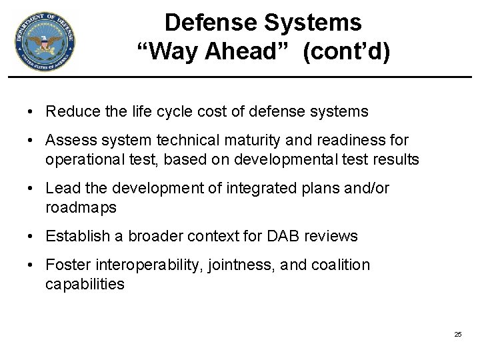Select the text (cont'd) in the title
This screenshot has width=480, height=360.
[345, 52]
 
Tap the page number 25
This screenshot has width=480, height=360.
[457, 334]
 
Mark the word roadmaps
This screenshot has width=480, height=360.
[81, 207]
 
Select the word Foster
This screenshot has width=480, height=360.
[67, 265]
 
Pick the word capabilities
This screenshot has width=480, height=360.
[85, 284]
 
